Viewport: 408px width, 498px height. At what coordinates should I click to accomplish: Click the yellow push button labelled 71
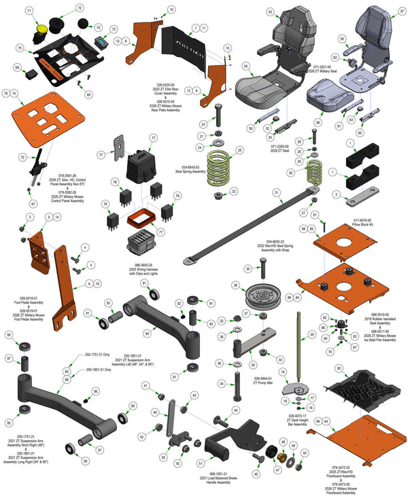(41, 29)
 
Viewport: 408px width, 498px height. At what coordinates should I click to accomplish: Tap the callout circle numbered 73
(113, 29)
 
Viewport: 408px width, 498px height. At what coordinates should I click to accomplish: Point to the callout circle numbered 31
(277, 193)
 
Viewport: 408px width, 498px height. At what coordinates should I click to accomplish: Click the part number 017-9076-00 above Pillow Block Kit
(364, 219)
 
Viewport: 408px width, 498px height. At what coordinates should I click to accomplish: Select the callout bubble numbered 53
(270, 12)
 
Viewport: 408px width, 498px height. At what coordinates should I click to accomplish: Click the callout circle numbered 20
(312, 334)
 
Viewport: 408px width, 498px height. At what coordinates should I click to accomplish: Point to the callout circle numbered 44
(235, 410)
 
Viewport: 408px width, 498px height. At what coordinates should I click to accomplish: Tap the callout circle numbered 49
(154, 412)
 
